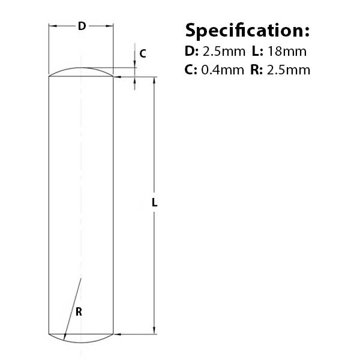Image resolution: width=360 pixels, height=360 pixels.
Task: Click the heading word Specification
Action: (x=247, y=31)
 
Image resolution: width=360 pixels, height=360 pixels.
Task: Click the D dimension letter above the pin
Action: (x=82, y=26)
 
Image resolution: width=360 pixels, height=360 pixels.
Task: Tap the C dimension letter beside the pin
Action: (x=143, y=54)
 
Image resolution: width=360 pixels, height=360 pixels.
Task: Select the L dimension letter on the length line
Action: (x=155, y=203)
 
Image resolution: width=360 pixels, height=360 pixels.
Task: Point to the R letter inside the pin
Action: (x=79, y=312)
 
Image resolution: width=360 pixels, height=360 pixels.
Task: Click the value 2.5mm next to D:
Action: (x=224, y=52)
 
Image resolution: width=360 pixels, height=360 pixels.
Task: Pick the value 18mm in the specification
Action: (x=287, y=51)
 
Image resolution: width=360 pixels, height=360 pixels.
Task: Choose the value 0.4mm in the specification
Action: (x=223, y=70)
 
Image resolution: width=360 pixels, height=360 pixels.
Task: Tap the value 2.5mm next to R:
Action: (x=289, y=70)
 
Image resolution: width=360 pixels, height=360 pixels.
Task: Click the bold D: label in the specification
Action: (x=192, y=51)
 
